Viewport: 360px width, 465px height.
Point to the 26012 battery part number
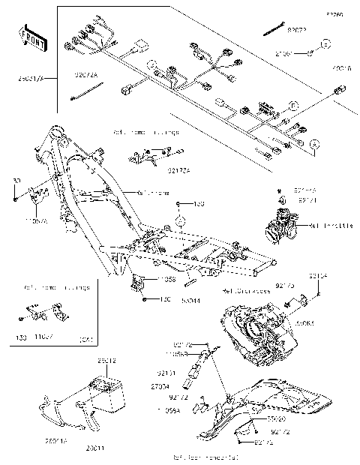click(x=106, y=361)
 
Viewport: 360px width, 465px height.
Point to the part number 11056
click(x=166, y=278)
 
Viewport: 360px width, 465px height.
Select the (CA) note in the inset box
click(x=86, y=340)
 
